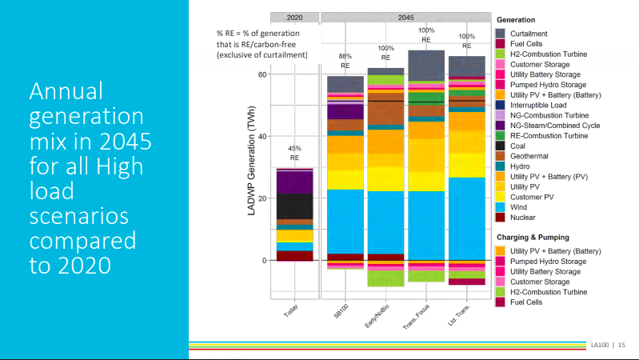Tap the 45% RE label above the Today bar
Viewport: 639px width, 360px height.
(x=294, y=154)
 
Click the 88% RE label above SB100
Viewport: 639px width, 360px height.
(x=345, y=62)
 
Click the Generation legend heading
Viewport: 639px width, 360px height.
(x=516, y=19)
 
